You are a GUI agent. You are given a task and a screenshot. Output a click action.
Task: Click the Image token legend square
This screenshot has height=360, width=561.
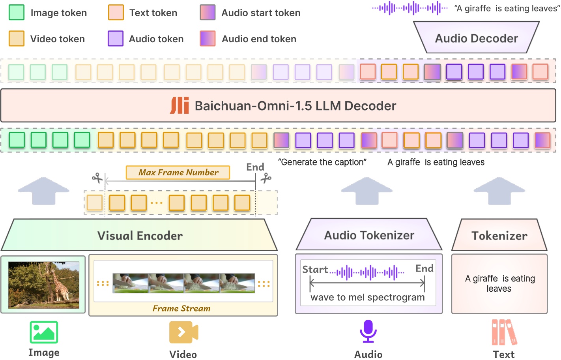click(16, 13)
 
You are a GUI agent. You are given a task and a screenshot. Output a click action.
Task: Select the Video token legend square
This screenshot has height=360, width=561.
click(16, 39)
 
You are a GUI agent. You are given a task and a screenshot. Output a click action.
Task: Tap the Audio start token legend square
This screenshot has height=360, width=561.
click(208, 13)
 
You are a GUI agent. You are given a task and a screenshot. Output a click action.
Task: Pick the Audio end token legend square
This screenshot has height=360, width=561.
click(208, 39)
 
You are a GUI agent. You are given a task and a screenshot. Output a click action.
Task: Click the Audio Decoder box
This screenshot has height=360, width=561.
click(476, 38)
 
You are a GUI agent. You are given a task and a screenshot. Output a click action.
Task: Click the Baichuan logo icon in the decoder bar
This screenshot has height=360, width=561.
click(180, 105)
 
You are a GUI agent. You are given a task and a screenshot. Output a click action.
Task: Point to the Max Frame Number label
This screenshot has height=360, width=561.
click(178, 172)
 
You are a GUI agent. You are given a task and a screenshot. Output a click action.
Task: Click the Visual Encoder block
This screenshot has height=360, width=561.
click(140, 236)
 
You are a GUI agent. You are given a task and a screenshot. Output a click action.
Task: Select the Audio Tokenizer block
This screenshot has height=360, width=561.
click(369, 235)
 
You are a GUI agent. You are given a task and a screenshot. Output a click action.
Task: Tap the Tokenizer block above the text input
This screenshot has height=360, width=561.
click(499, 236)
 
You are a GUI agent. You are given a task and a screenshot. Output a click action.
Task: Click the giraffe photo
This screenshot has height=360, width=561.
click(43, 285)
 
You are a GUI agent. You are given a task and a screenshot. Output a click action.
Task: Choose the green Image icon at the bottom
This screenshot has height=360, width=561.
click(44, 332)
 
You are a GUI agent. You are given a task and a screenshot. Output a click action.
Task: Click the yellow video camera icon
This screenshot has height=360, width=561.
click(183, 332)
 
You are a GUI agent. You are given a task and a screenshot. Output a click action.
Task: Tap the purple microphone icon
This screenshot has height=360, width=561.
click(368, 331)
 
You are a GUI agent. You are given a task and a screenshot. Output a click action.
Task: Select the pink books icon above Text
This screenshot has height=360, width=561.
click(504, 332)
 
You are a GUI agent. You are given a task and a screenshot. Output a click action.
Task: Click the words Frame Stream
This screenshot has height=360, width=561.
click(181, 308)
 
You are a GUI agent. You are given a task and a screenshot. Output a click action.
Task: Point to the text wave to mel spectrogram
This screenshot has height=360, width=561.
click(368, 297)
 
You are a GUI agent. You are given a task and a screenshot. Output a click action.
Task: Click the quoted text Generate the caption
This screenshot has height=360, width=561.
click(322, 162)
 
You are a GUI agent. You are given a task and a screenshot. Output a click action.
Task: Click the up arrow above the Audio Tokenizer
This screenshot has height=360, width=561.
click(367, 191)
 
